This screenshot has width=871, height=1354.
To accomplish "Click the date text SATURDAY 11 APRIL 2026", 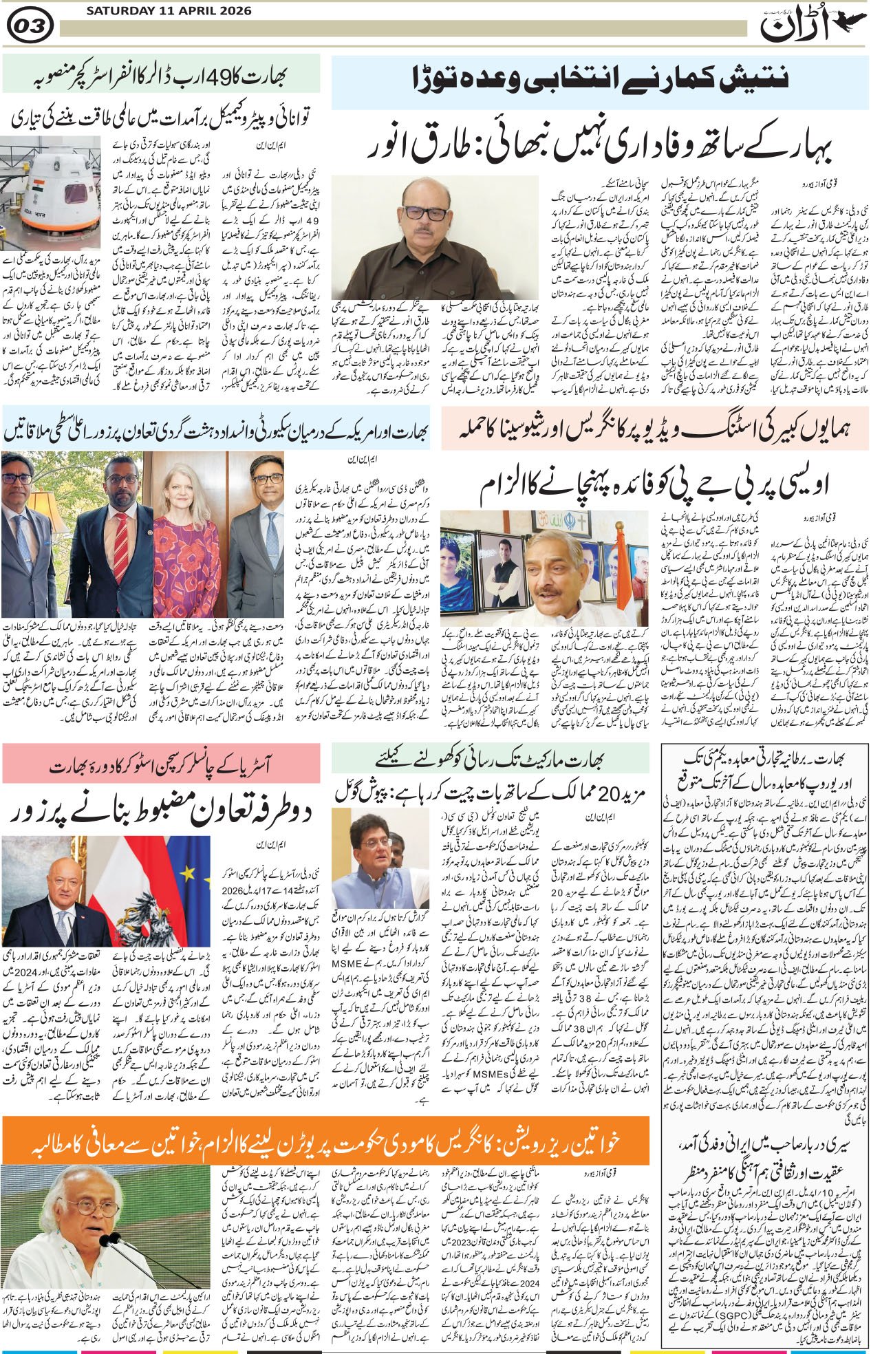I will point(169,12).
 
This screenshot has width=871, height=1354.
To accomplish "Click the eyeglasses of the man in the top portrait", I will point(427,213).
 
